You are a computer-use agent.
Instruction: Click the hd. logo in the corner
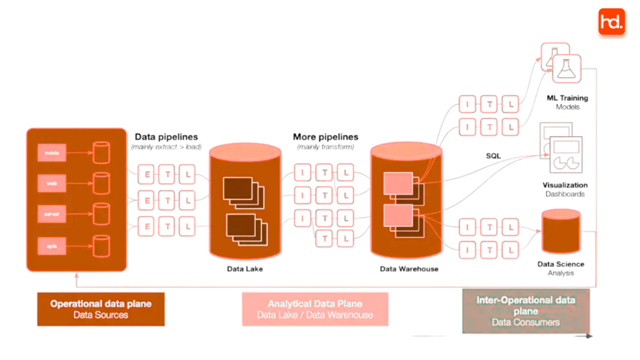[x=611, y=22]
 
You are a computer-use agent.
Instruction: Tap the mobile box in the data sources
[x=51, y=152]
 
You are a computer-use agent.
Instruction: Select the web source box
[x=51, y=184]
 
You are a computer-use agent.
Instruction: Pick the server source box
[x=51, y=214]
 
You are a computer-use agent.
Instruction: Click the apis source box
[x=51, y=246]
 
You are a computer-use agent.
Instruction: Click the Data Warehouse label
[x=409, y=269]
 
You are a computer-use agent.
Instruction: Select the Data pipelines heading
[x=166, y=137]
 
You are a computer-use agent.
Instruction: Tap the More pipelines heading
[x=326, y=137]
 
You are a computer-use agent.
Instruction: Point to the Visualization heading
[x=565, y=185]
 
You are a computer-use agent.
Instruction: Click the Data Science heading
[x=561, y=264]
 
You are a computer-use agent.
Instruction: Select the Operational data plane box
[x=101, y=309]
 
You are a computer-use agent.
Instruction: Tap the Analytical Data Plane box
[x=315, y=309]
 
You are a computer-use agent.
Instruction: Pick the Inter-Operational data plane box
[x=526, y=311]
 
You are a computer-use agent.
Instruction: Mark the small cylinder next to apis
[x=101, y=246]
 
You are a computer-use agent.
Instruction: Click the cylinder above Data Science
[x=561, y=232]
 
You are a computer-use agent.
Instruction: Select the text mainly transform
[x=326, y=147]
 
